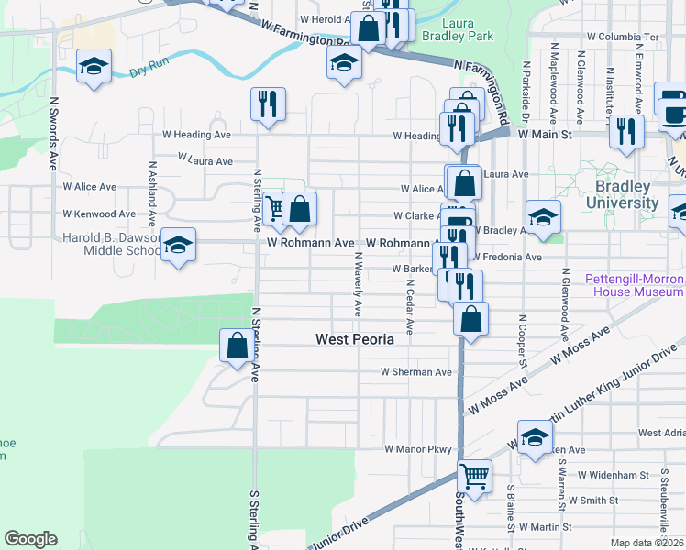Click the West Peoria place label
pos(354,339)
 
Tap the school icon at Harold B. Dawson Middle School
pos(179,245)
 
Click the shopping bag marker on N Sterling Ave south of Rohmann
pos(237,346)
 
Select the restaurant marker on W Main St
pos(626,131)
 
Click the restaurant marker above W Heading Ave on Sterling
pos(268,104)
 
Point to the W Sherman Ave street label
pos(417,372)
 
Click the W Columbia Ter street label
pos(623,37)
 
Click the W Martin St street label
pos(545,527)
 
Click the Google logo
pos(30,539)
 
